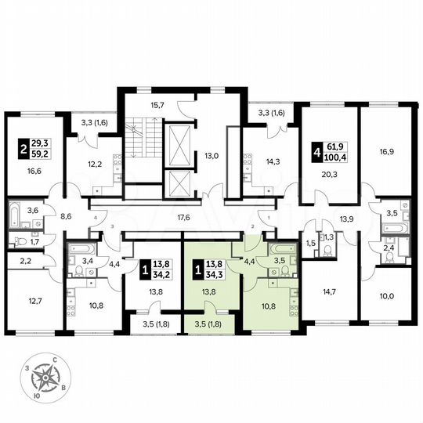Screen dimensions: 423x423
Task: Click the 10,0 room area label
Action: click(385, 296)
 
